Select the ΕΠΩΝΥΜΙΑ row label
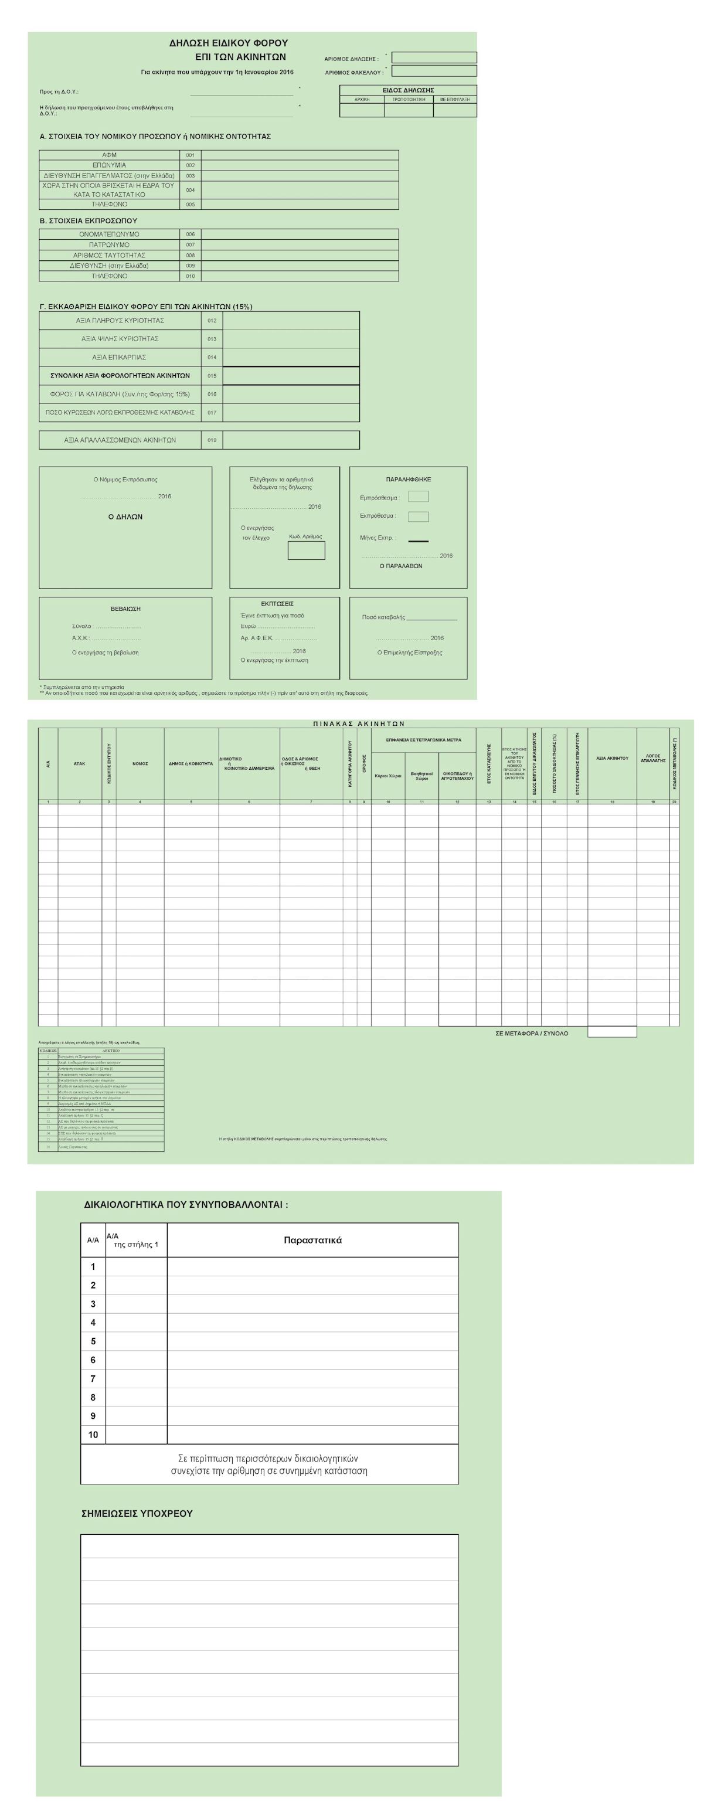pos(110,165)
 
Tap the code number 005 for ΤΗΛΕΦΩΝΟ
pos(191,205)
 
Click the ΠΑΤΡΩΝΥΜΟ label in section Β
pos(110,245)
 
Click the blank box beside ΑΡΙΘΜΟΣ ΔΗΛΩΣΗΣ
pos(434,58)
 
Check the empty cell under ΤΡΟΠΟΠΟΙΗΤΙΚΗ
pos(409,111)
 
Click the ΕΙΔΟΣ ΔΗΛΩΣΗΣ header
pos(408,90)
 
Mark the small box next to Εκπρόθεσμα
pos(419,516)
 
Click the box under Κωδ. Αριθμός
pos(306,551)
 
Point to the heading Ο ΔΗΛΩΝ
pos(125,517)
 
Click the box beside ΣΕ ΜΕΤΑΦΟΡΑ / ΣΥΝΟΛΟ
pos(611,1032)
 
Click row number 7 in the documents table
pos(93,1379)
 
